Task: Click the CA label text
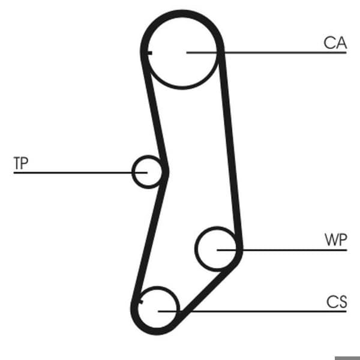(x=335, y=43)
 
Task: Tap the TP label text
(x=21, y=163)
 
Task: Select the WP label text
(x=335, y=239)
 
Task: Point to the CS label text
(x=337, y=302)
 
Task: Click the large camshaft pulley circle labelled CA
(x=182, y=88)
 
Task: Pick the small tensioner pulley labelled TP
(x=133, y=172)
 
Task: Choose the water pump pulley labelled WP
(x=196, y=249)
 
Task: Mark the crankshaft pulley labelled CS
(x=157, y=288)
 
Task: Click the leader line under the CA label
(x=266, y=53)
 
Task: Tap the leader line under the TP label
(x=80, y=172)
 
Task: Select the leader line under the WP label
(x=282, y=250)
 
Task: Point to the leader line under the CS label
(x=252, y=311)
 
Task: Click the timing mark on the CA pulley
(x=149, y=53)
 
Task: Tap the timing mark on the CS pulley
(x=141, y=302)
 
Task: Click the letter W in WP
(x=331, y=239)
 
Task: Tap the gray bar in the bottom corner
(x=347, y=358)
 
